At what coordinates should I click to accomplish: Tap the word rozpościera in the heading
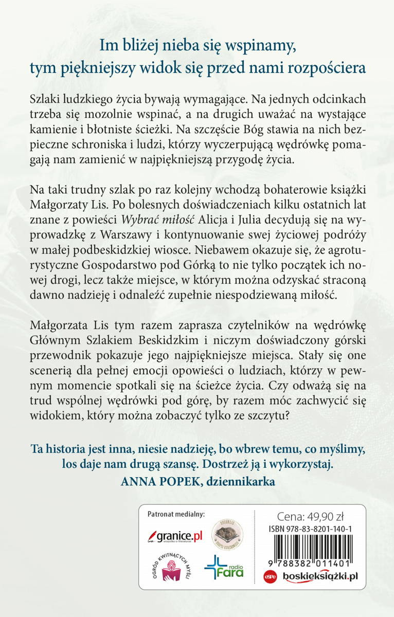[x=328, y=68]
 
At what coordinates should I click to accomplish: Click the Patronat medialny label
[x=176, y=514]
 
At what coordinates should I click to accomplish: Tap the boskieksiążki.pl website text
[x=318, y=576]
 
